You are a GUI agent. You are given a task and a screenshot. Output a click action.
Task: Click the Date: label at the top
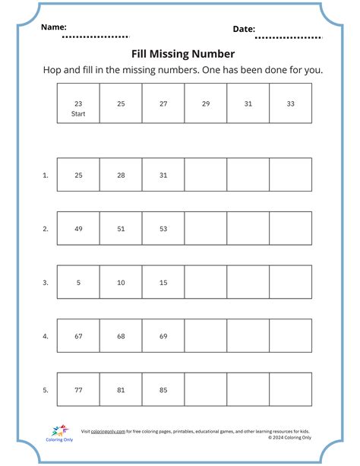click(244, 29)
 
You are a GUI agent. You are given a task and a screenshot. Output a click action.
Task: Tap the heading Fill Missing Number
click(183, 54)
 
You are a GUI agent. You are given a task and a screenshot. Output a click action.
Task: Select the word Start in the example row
click(78, 114)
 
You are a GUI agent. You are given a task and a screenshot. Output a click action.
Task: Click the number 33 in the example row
click(291, 103)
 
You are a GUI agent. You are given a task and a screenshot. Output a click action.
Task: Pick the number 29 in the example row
click(206, 103)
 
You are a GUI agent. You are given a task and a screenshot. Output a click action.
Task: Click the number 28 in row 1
click(121, 175)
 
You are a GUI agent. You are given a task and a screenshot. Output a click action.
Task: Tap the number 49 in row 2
click(78, 228)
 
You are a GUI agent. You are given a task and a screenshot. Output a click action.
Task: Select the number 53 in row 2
click(163, 228)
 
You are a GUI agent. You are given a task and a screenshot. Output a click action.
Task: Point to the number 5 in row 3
click(78, 282)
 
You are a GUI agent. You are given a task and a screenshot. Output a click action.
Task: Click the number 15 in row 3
click(163, 282)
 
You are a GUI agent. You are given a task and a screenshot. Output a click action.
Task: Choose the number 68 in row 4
click(121, 335)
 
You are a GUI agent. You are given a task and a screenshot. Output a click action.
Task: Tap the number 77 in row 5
click(78, 389)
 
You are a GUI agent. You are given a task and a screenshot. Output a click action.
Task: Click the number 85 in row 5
click(163, 389)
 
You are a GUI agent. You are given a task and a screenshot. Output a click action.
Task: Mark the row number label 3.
click(46, 282)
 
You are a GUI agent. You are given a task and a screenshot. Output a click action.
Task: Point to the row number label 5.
click(46, 389)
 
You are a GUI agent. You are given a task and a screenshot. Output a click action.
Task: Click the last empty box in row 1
click(291, 175)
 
